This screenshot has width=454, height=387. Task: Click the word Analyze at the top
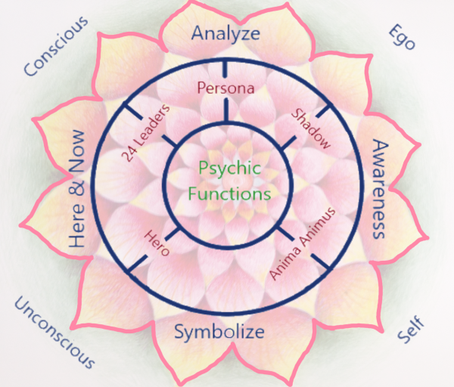coord(225,33)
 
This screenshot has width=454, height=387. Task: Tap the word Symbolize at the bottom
coord(219,332)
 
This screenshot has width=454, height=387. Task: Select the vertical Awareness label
coord(381,189)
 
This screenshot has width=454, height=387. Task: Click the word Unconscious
coord(54,332)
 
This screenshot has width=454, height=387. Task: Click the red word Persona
coord(225,88)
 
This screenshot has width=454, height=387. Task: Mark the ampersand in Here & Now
coord(76,192)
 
